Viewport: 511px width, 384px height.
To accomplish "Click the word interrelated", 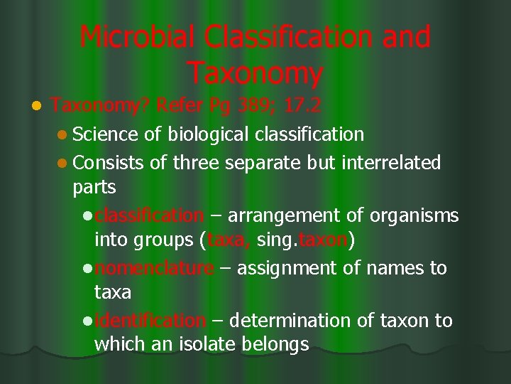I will click(x=391, y=162).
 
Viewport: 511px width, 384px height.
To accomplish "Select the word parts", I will click(x=94, y=188).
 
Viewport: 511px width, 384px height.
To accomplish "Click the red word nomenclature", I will click(x=153, y=268).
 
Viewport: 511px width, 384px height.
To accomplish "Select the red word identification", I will click(x=150, y=321).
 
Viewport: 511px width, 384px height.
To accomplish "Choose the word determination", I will click(x=292, y=321).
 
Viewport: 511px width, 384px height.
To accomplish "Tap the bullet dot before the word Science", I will click(x=62, y=135).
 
